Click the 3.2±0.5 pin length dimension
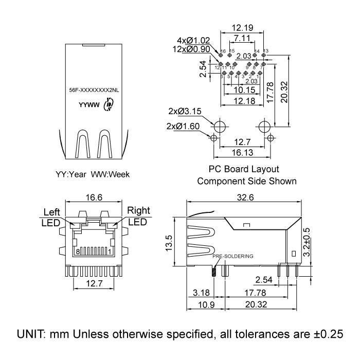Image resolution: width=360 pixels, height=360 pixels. (307, 242)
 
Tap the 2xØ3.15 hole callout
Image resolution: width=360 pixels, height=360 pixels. (183, 111)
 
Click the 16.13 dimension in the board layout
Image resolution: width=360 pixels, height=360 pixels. (241, 153)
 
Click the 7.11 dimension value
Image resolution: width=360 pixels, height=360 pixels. (241, 39)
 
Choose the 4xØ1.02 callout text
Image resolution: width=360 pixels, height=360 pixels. (192, 40)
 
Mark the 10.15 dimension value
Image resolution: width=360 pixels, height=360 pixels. (241, 91)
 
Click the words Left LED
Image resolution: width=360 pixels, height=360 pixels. (51, 217)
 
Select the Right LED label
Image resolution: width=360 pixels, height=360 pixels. (137, 216)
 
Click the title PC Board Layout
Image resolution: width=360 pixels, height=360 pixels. (243, 169)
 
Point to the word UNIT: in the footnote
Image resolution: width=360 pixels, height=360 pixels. (32, 334)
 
